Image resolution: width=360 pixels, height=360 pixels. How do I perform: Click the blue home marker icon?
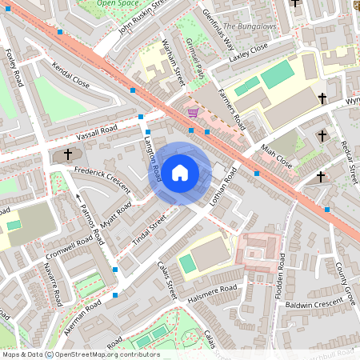click(180, 172)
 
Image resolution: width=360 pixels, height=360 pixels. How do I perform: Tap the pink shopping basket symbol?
click(192, 113)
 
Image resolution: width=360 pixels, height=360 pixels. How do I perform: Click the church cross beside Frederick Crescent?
click(68, 154)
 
